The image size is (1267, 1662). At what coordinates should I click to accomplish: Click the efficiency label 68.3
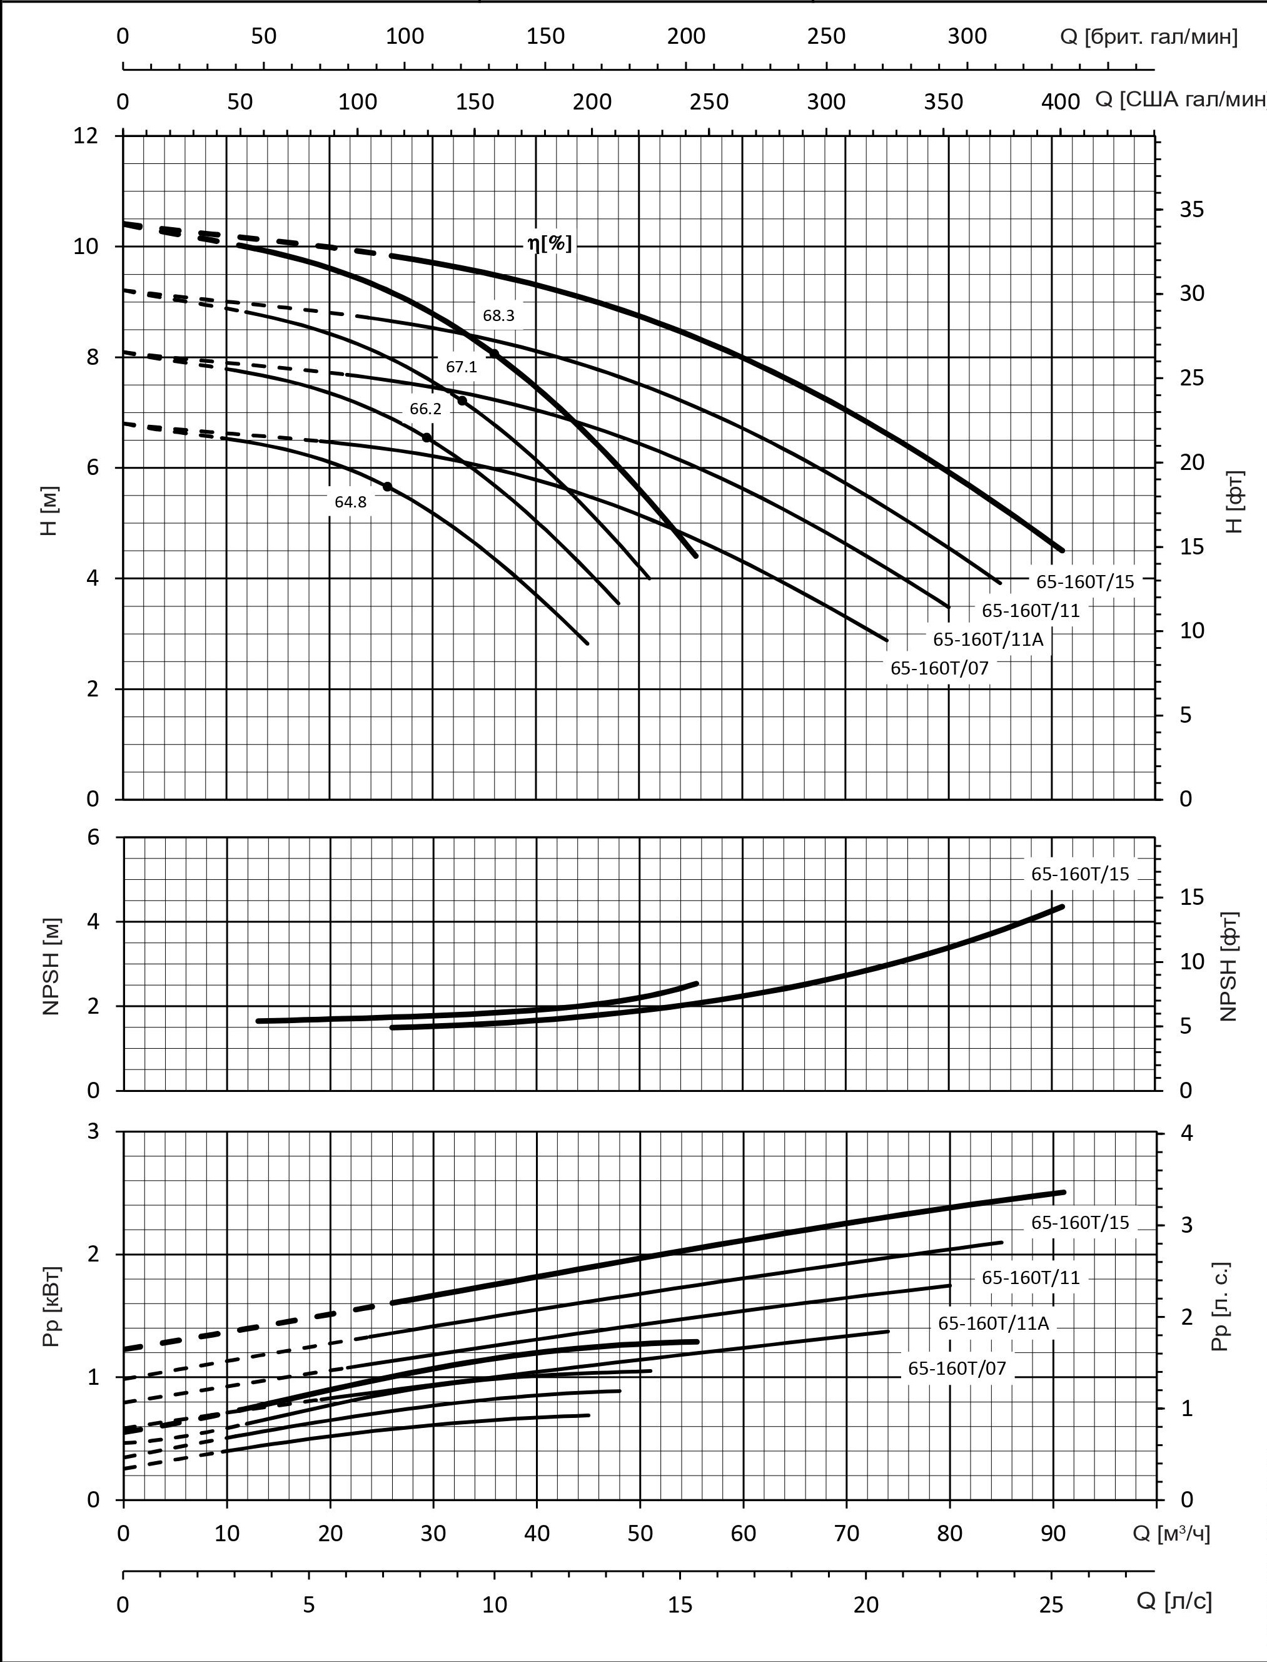[x=498, y=315]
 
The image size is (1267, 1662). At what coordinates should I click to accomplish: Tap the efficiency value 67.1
[x=461, y=367]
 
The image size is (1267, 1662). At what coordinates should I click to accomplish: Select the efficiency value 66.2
[x=425, y=409]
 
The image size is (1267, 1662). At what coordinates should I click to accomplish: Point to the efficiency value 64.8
[x=351, y=502]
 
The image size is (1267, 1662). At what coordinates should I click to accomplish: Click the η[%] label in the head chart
[x=549, y=243]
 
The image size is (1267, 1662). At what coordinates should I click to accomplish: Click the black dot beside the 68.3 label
[x=494, y=353]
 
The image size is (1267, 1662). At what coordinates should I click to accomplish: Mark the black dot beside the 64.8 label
[x=388, y=487]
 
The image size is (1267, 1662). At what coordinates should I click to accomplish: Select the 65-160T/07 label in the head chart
[x=939, y=668]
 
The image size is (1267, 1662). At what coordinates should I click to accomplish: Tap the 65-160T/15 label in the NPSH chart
[x=1080, y=874]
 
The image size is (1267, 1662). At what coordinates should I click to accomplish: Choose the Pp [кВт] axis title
[x=51, y=1307]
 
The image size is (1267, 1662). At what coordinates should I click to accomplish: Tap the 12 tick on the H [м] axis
[x=85, y=136]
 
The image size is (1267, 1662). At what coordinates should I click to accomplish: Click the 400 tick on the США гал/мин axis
[x=1061, y=101]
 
